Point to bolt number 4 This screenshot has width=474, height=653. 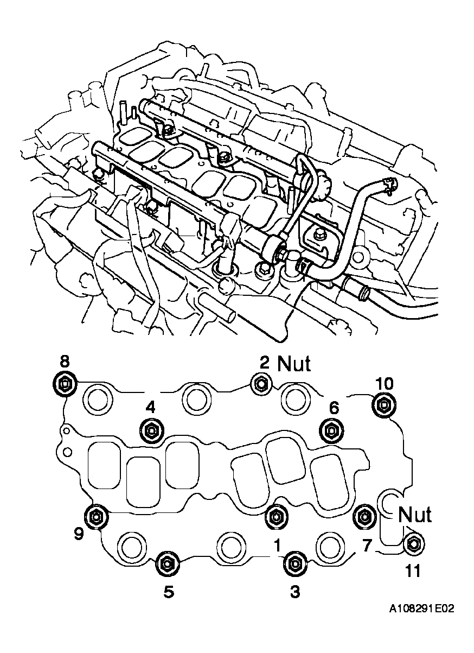pyautogui.click(x=151, y=430)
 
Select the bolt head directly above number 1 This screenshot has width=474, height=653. pyautogui.click(x=276, y=517)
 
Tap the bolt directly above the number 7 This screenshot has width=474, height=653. pyautogui.click(x=364, y=516)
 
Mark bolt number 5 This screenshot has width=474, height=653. pyautogui.click(x=166, y=564)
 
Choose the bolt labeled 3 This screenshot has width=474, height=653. pyautogui.click(x=294, y=564)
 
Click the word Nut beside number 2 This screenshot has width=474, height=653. pyautogui.click(x=294, y=364)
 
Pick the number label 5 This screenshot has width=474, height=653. pyautogui.click(x=169, y=592)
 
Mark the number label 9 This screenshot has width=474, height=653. pyautogui.click(x=79, y=535)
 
